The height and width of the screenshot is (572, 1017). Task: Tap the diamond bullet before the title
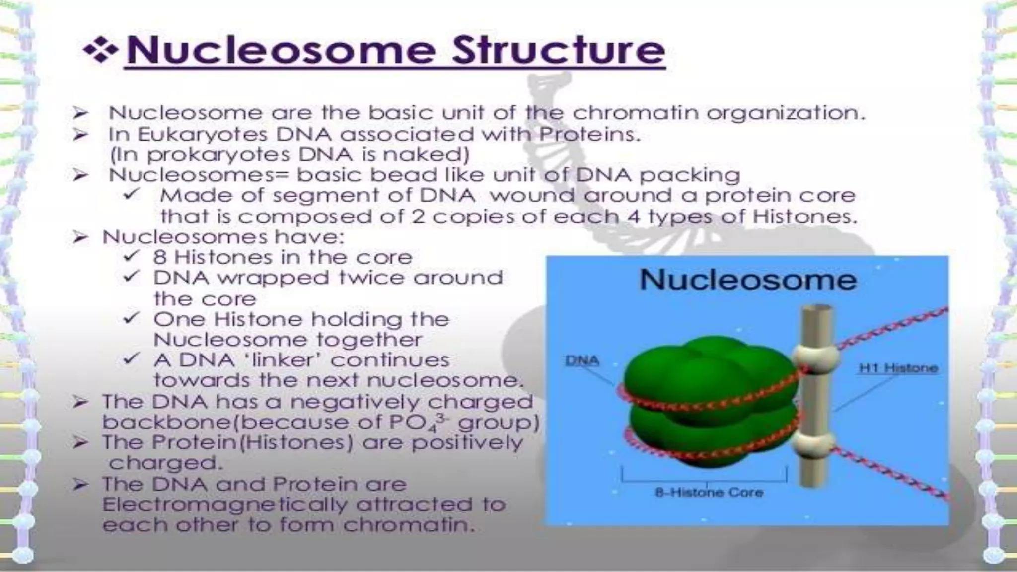(101, 51)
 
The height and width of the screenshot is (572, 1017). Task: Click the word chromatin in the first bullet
(636, 113)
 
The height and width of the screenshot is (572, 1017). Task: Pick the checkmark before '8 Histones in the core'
(131, 256)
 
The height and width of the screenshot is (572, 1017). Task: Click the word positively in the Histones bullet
(467, 442)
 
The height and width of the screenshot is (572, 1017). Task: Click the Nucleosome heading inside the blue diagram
(748, 280)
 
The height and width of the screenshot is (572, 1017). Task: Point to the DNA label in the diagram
(581, 361)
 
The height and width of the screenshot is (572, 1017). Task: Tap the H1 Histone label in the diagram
(898, 368)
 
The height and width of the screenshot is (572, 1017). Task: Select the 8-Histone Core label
(709, 493)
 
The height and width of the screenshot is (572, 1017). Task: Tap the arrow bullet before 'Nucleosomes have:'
(80, 237)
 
